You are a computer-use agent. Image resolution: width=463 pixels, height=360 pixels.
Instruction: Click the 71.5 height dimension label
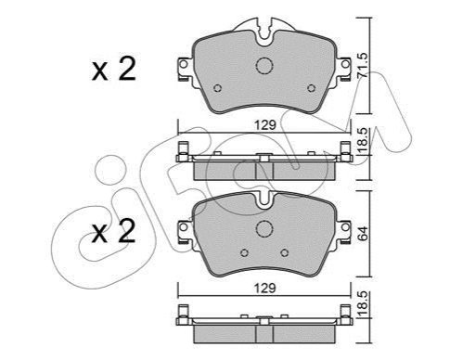tap(362, 65)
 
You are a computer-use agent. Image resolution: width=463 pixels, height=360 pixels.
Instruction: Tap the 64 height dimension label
tap(362, 233)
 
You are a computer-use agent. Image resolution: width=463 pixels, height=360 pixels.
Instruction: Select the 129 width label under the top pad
tap(264, 125)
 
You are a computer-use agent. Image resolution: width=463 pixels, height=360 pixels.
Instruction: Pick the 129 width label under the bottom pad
tap(264, 289)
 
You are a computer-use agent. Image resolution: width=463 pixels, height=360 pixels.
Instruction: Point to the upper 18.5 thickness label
tap(362, 140)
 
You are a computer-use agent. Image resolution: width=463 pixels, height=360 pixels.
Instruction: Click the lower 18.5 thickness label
tap(362, 304)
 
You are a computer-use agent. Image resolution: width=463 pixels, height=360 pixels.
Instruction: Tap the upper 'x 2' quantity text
tap(114, 70)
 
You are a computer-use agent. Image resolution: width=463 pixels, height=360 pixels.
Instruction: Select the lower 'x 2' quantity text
tap(114, 231)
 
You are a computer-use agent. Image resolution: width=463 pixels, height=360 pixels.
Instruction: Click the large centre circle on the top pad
tap(264, 66)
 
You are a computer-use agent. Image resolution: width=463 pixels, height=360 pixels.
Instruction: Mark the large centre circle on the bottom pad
tap(264, 229)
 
